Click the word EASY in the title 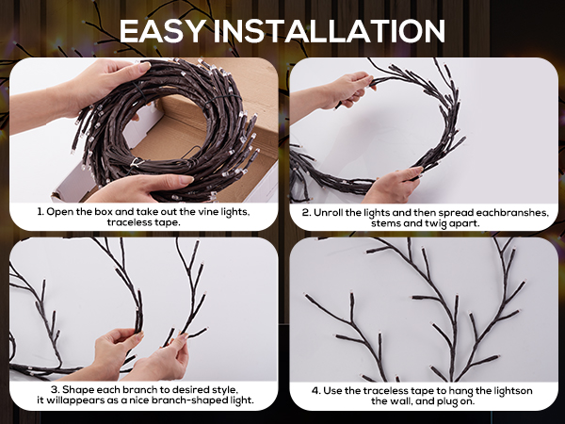pyautogui.click(x=163, y=31)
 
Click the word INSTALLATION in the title pyautogui.click(x=330, y=31)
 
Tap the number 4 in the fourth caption pyautogui.click(x=315, y=391)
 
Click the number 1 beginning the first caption pyautogui.click(x=40, y=212)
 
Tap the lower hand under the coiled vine pyautogui.click(x=144, y=188)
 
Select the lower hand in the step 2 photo pyautogui.click(x=394, y=185)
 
